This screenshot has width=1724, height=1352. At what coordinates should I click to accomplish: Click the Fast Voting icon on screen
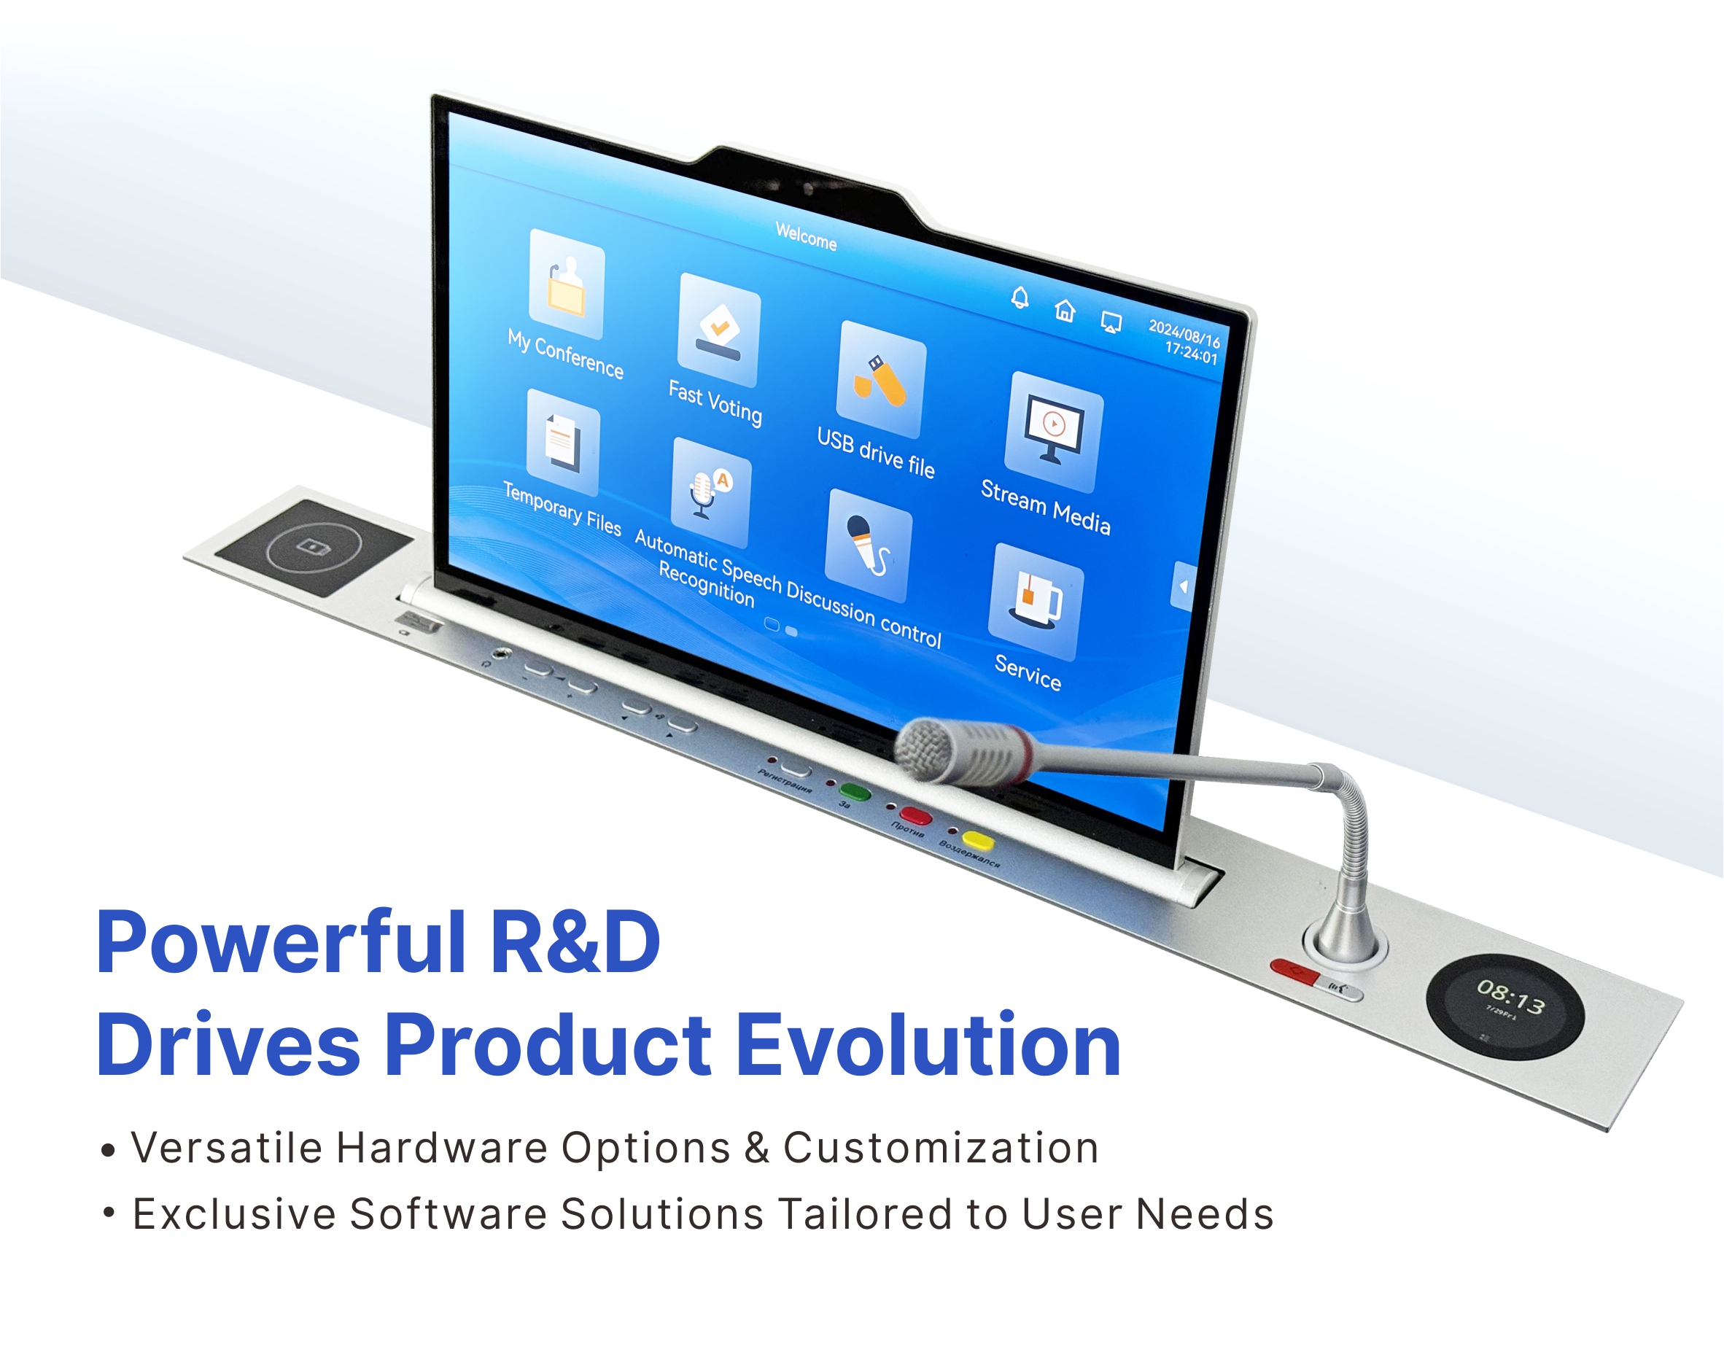(x=719, y=330)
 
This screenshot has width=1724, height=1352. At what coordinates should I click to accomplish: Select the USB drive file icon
(x=881, y=380)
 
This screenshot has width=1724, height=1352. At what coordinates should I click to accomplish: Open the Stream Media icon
(x=1053, y=432)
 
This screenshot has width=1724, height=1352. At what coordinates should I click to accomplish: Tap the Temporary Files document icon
(x=563, y=443)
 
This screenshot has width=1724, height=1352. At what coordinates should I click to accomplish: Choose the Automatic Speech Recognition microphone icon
(x=710, y=492)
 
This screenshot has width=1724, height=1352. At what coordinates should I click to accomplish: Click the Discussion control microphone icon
(x=869, y=546)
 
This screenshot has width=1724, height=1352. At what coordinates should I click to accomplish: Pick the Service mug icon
(x=1036, y=602)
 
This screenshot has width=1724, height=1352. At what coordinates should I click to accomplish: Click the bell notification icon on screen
(x=1020, y=298)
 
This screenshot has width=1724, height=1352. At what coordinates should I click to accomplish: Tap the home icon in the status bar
(x=1065, y=311)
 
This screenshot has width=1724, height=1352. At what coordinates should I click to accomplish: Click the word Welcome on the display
(x=806, y=236)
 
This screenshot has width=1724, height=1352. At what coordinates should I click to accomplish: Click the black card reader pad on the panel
(x=314, y=547)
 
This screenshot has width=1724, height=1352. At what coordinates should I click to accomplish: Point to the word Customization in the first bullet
(x=940, y=1148)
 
